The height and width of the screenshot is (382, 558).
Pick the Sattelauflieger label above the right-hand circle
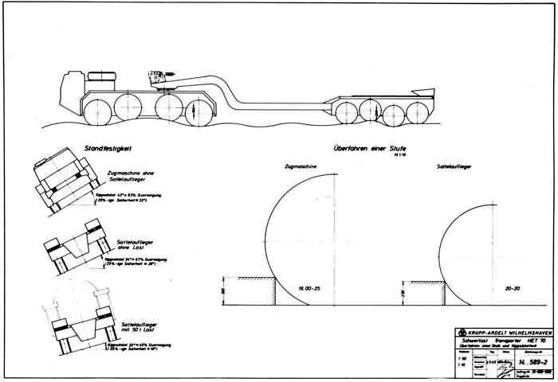point(455,168)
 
